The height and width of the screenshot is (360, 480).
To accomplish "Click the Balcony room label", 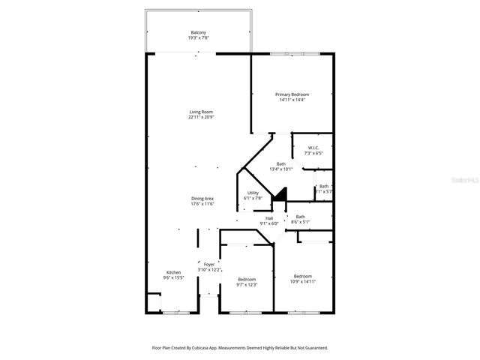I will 198,33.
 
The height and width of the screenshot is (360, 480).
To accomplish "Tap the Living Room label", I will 201,112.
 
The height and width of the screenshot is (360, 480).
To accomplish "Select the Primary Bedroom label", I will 293,94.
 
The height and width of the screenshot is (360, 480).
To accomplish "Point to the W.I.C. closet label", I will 313,148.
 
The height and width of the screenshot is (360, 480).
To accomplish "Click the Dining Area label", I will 202,198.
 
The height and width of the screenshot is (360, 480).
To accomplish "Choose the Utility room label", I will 253,193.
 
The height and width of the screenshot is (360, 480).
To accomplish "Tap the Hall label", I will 268,218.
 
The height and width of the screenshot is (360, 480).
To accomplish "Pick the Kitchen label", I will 173,272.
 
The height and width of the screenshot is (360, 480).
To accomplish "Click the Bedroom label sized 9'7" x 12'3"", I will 247,279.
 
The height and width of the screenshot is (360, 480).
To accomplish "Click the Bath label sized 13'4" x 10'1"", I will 281,164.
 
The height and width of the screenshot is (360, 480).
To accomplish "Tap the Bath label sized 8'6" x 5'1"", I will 300,217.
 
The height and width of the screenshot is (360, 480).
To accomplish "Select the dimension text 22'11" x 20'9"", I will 201,117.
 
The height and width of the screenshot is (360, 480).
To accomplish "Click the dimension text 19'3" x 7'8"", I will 198,38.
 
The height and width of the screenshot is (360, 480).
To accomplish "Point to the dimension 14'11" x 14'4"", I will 293,100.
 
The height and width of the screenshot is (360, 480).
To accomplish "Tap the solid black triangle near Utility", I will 279,195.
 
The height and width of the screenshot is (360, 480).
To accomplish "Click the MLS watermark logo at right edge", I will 469,181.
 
